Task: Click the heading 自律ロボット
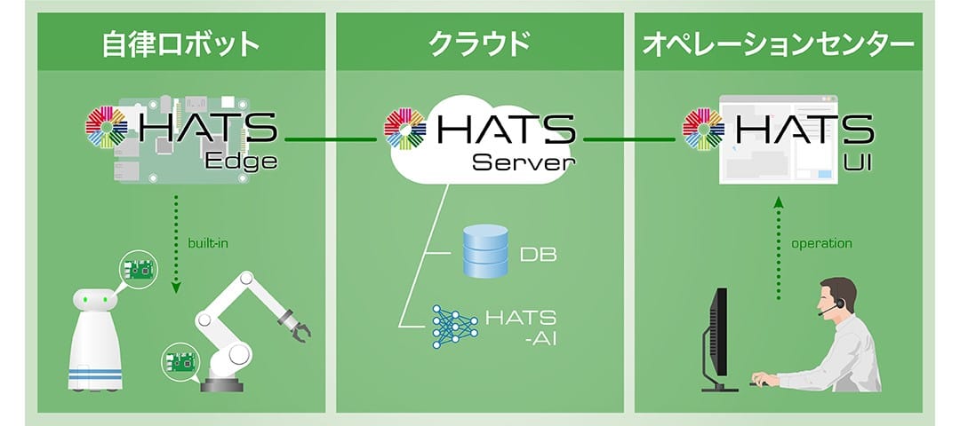(181, 45)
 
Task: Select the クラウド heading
(479, 45)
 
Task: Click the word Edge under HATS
(241, 162)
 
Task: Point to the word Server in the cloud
(524, 162)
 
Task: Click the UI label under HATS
(860, 162)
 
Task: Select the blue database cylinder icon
(485, 250)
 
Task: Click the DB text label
(538, 254)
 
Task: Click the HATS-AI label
(521, 327)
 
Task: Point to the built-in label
(207, 243)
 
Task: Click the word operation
(821, 244)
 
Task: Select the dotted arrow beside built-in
(176, 244)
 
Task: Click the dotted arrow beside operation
(778, 248)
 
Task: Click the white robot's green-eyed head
(95, 299)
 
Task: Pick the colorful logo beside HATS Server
(405, 129)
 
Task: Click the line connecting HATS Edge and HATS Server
(331, 139)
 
